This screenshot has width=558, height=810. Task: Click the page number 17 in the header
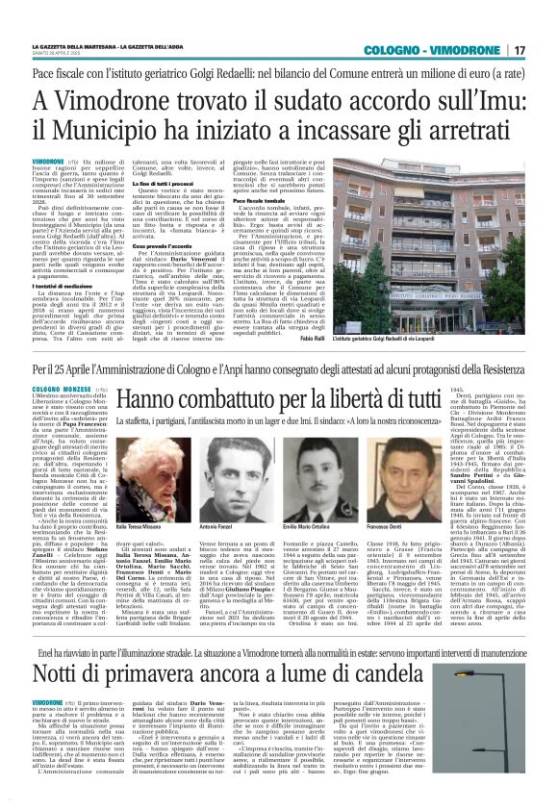(520, 49)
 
